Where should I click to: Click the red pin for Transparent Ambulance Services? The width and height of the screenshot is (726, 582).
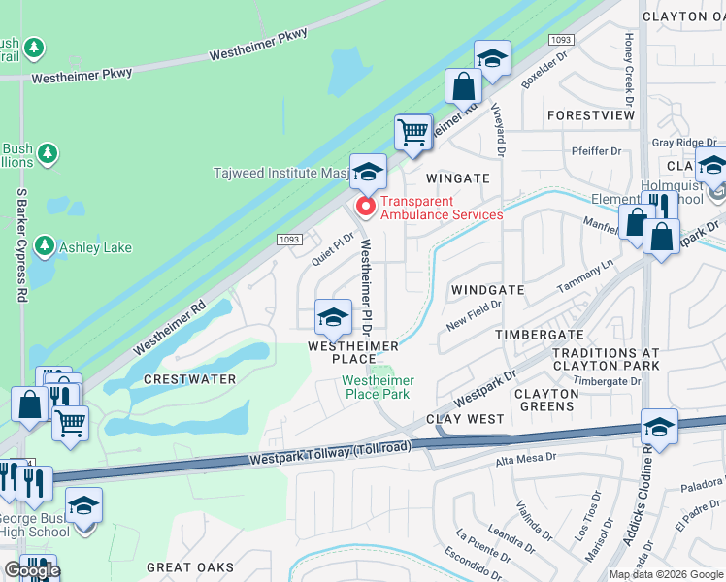[x=366, y=206]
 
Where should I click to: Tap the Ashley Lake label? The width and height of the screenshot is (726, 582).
[x=95, y=248]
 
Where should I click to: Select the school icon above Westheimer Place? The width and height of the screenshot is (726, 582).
[x=333, y=317]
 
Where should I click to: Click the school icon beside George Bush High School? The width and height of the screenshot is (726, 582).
[x=84, y=505]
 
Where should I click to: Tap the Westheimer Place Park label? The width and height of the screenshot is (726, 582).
[x=377, y=387]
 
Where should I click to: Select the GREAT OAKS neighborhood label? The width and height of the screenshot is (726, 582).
[x=190, y=566]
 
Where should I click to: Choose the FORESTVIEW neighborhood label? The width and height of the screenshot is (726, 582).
[x=590, y=114]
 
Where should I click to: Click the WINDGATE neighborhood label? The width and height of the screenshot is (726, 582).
[x=487, y=290]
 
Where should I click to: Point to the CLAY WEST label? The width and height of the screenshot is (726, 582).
[x=466, y=419]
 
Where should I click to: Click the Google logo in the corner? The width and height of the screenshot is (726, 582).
[x=31, y=571]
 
